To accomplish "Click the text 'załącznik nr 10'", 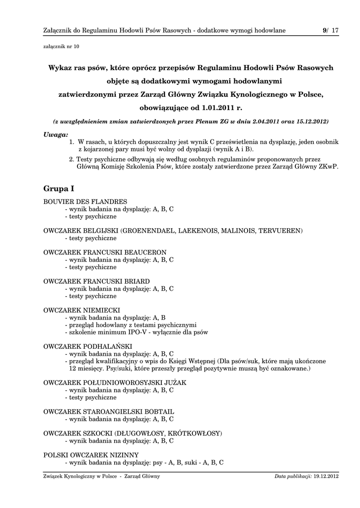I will pos(62,47).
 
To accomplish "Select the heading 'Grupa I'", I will pos(59,189).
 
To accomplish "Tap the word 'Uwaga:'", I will pos(56,134).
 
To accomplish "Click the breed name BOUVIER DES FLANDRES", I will pos(85,201).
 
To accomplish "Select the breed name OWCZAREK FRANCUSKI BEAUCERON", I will pos(105,253).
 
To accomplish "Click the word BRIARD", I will pos(137,281).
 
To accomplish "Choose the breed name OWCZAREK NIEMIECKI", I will pos(81,311).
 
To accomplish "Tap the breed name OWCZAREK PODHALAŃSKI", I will pos(88,346).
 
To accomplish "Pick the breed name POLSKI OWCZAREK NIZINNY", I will pos(91,455).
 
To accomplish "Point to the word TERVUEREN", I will pos(282,231).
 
